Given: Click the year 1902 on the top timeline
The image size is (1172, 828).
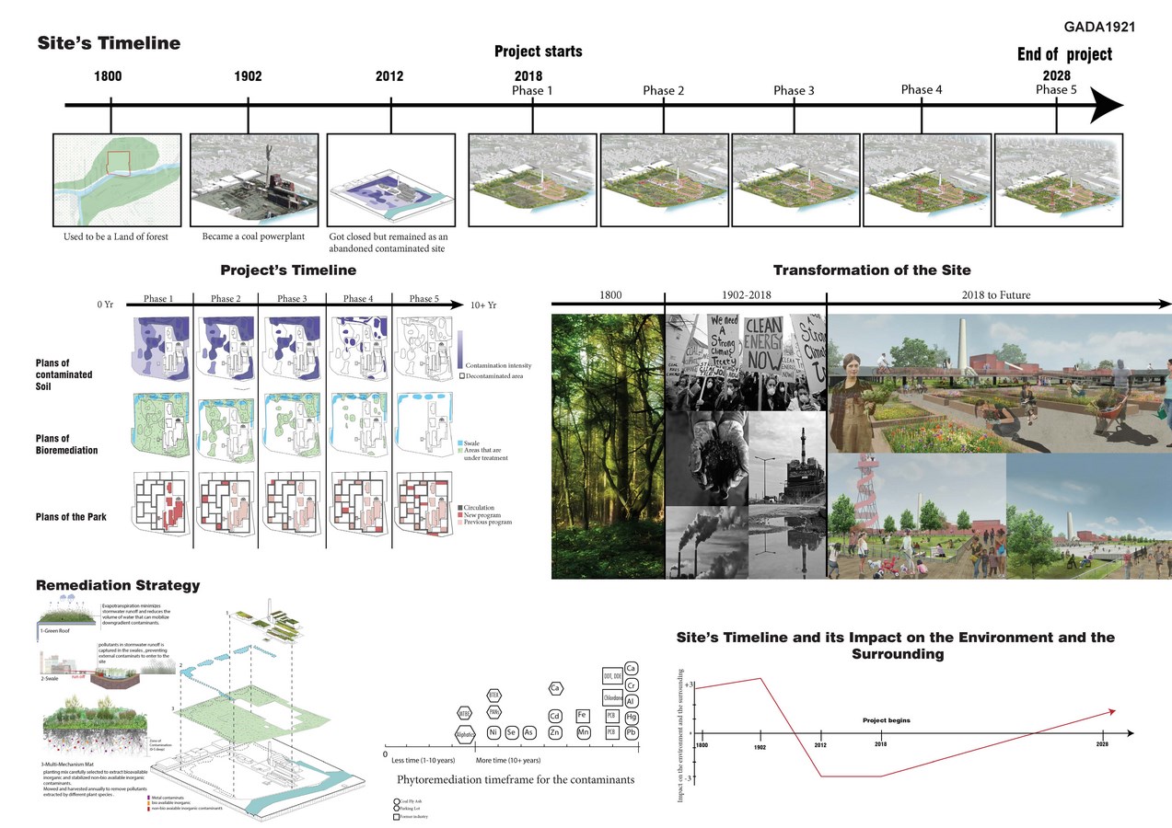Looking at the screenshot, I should coord(248,77).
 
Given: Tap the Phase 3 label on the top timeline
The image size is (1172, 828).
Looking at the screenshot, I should coord(794,90).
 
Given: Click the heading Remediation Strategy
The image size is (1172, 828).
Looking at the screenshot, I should coord(117,585).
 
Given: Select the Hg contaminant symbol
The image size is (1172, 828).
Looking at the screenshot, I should coord(632,717).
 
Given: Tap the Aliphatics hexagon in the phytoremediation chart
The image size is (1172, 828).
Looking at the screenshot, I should coord(465,733).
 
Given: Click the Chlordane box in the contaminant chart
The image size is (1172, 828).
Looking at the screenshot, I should coord(610,696).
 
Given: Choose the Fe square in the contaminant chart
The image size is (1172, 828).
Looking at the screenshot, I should coord(582,715).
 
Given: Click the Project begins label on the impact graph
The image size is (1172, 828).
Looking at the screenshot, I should coord(886,720).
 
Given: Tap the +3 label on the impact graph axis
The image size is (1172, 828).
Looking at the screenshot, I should coord(688,686).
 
